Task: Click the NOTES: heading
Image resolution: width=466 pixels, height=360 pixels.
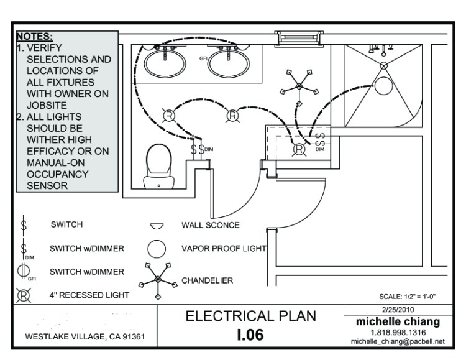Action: click(x=35, y=37)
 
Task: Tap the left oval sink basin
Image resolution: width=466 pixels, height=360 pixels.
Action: click(x=165, y=62)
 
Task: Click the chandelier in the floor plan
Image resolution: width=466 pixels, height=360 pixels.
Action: click(x=299, y=83)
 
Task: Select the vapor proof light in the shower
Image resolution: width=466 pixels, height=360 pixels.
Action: click(x=384, y=85)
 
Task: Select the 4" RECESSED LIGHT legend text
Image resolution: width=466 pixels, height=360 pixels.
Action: click(x=89, y=295)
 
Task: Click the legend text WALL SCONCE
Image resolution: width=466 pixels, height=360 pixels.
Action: click(x=210, y=224)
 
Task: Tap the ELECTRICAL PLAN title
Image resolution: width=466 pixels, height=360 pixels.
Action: click(x=251, y=316)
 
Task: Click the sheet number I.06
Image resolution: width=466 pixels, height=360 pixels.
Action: click(x=251, y=335)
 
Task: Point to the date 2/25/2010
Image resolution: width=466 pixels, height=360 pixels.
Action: click(x=398, y=309)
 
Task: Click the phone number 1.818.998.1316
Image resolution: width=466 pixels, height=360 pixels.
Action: click(x=398, y=333)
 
